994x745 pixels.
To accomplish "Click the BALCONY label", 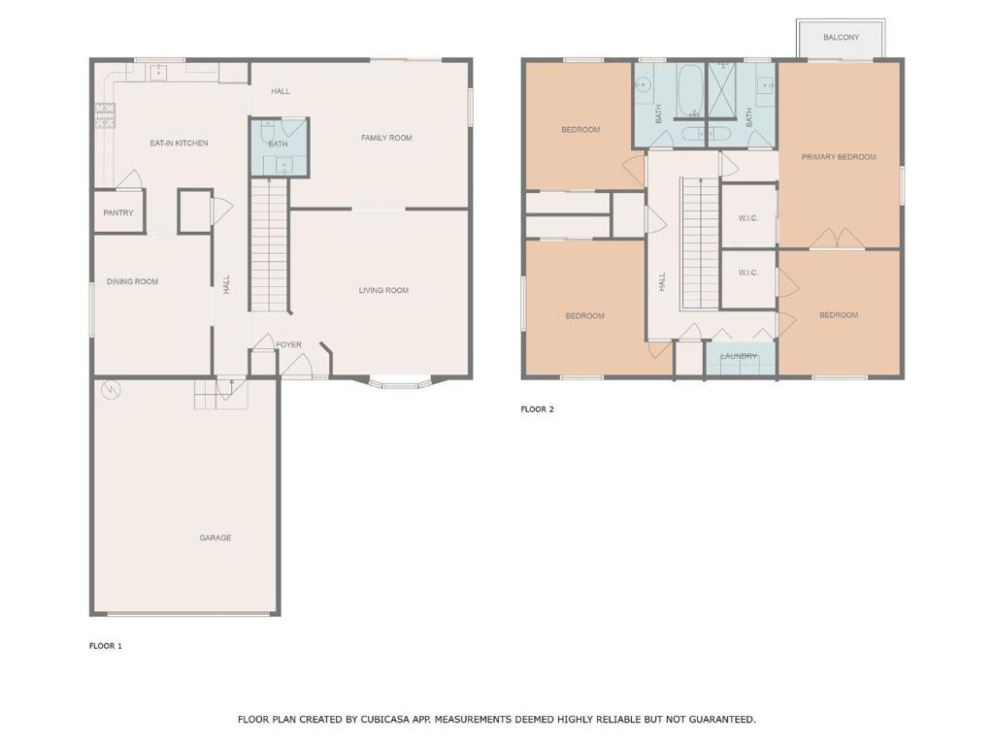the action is [842, 38].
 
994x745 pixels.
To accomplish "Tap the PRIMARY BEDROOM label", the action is [839, 157].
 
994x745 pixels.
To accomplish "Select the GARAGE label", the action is [215, 537].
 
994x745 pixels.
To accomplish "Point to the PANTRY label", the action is [118, 212].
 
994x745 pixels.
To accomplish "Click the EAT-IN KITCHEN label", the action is [179, 144].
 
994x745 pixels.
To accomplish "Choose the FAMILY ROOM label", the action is [386, 138].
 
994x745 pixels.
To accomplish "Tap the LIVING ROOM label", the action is [383, 290].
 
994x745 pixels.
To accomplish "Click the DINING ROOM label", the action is [132, 281].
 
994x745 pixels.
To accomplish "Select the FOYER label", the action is [288, 344].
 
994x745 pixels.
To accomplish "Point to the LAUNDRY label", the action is [739, 356].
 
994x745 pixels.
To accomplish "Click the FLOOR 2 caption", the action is [538, 409].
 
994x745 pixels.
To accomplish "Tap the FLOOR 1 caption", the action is [105, 646].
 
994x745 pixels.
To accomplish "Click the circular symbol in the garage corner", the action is [111, 390].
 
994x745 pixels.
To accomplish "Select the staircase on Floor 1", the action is [269, 245].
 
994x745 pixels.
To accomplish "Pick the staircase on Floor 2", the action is [700, 243].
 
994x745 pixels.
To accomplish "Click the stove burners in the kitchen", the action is [106, 115].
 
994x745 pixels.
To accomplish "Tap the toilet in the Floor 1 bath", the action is [268, 131].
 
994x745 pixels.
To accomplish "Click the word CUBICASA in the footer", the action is [387, 720].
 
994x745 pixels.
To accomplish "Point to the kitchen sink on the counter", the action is [158, 72].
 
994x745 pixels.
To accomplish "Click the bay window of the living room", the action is [401, 382].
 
